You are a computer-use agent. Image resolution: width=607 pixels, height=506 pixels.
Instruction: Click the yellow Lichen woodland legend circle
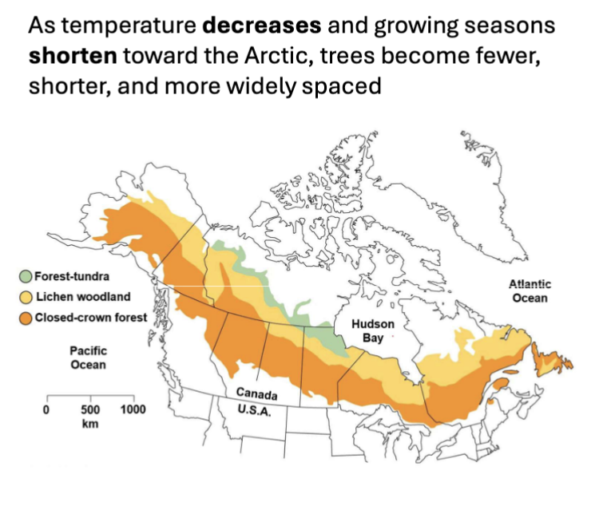tap(26, 297)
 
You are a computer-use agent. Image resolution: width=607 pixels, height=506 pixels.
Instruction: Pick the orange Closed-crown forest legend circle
tap(26, 318)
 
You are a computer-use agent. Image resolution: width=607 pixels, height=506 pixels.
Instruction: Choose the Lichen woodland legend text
tap(82, 297)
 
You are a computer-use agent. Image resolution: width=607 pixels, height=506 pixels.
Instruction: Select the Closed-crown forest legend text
tap(90, 318)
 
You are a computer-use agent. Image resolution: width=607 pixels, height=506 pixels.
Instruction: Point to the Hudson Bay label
tap(372, 331)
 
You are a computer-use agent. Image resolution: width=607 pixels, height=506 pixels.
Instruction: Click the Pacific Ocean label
tap(88, 358)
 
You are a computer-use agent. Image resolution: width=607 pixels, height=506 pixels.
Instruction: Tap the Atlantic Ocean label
tap(530, 291)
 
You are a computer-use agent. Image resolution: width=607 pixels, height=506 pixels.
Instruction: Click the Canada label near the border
tap(256, 394)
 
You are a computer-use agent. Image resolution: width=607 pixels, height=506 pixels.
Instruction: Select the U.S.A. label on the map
tap(255, 412)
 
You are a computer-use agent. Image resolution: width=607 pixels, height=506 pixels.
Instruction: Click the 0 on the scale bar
tap(46, 409)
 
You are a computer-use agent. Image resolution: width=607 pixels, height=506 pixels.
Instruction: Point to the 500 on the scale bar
tap(89, 409)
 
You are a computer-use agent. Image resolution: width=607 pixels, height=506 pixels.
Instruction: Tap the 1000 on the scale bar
tap(133, 409)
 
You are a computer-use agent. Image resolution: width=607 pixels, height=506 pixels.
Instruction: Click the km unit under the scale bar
tap(89, 424)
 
